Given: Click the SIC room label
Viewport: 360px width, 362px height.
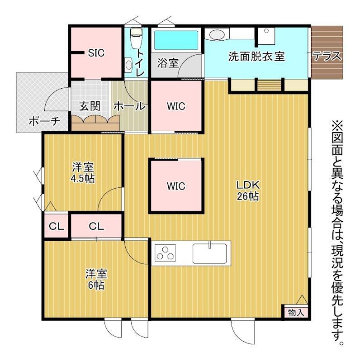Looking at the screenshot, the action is click(x=96, y=53).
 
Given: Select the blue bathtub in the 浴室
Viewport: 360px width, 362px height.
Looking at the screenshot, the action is click(x=176, y=40).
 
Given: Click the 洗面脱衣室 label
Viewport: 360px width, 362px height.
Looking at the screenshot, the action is click(x=256, y=57).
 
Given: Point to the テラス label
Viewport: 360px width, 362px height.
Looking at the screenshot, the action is click(x=327, y=56).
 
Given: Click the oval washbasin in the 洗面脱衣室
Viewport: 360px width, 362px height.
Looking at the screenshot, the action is click(x=217, y=35).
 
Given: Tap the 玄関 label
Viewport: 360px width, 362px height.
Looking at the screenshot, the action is click(x=90, y=106).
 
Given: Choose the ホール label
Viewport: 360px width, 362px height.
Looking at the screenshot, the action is click(x=129, y=106).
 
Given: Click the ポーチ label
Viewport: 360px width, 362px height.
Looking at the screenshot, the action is click(x=44, y=121).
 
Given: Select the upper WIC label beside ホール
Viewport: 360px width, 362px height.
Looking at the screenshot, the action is click(x=176, y=106).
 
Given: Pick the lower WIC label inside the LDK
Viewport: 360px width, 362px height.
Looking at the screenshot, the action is click(x=176, y=186).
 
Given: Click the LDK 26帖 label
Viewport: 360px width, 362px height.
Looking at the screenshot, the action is click(x=248, y=191).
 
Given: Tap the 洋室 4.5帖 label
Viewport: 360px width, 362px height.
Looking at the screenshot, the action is click(x=83, y=173).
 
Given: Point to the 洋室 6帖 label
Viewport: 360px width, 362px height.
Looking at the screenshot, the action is click(x=96, y=279).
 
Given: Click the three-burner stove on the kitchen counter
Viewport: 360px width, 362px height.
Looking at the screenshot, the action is click(x=165, y=253).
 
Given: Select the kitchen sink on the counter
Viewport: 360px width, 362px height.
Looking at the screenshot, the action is click(x=209, y=253).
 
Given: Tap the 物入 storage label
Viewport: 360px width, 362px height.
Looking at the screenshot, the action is click(x=296, y=313).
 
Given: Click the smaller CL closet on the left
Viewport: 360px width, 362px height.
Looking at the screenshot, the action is click(x=57, y=226).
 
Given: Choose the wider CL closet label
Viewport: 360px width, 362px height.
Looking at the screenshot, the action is click(x=96, y=227).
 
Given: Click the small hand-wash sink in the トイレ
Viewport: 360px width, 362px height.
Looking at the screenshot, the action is click(x=128, y=65).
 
